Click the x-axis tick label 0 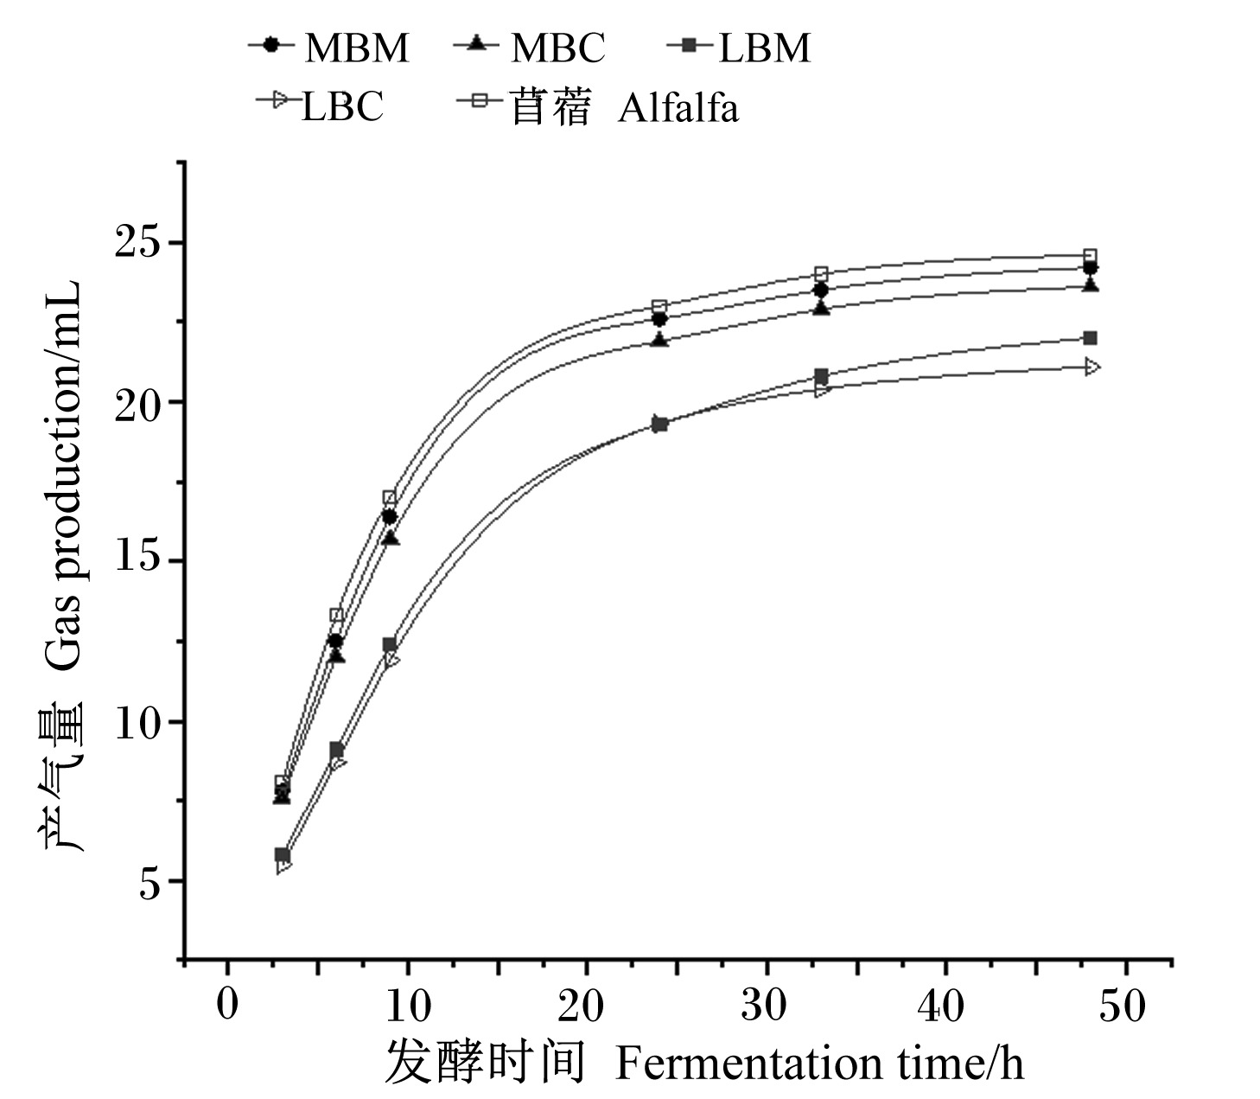click(227, 1006)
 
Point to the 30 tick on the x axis click(763, 1006)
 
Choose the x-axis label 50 click(1122, 1006)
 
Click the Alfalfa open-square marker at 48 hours click(1090, 255)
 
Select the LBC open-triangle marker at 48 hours click(1091, 367)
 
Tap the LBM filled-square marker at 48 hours click(1090, 338)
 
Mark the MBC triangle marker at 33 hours click(821, 307)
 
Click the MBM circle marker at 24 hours click(659, 319)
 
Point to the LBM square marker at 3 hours click(282, 855)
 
